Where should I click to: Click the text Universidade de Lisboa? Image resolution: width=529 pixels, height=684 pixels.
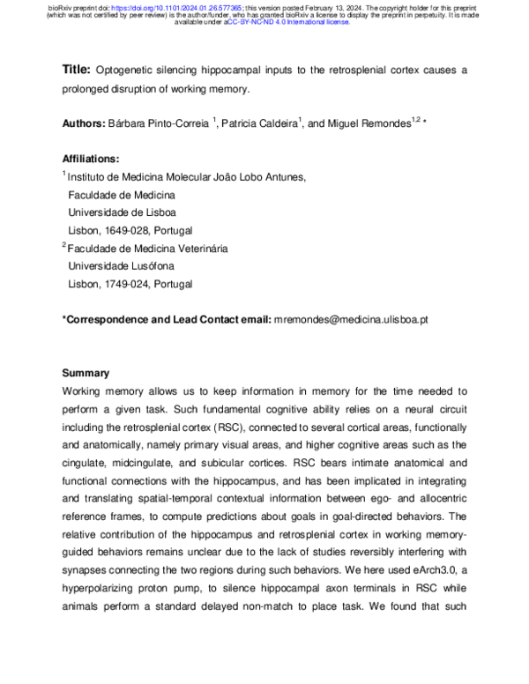pos(121,213)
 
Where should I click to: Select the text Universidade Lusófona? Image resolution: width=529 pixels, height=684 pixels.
pos(118,267)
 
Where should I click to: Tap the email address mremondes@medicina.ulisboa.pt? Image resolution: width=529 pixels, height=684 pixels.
pos(351,320)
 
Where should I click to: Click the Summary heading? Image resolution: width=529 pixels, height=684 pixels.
pos(86,374)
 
